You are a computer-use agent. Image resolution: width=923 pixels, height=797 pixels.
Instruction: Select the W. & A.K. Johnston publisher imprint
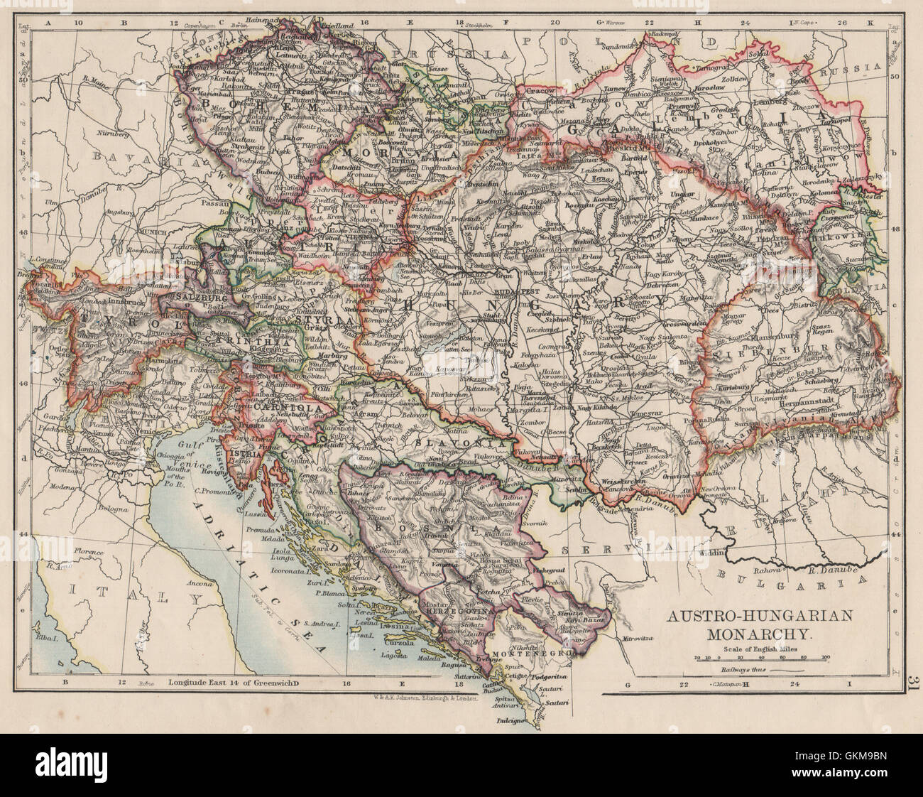pos(426,698)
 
